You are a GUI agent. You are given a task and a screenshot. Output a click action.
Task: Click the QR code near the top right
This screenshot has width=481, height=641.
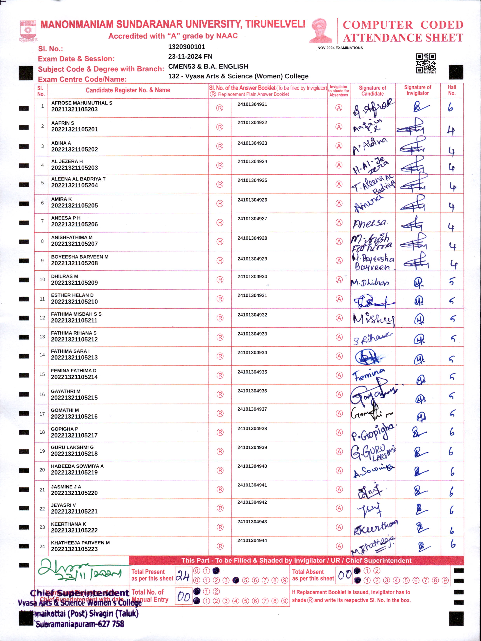pos(426,63)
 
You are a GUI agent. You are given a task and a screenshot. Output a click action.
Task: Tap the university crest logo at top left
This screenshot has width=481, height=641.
pos(28,31)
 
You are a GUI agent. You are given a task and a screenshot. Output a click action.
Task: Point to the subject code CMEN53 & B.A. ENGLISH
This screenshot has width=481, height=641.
pos(208,66)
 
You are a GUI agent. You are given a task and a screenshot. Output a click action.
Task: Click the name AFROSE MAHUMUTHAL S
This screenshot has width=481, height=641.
pos(82,103)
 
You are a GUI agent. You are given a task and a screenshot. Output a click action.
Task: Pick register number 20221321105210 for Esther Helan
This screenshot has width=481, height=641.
pos(74,302)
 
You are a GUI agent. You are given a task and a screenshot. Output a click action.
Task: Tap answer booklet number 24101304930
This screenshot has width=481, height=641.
pos(252,276)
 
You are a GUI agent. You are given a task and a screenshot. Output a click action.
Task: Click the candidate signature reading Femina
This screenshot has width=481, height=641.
pos(369,375)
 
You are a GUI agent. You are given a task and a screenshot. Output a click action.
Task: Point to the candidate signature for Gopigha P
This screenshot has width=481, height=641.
pos(373,432)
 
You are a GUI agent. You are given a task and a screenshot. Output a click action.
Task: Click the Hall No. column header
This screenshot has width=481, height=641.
pos(452,90)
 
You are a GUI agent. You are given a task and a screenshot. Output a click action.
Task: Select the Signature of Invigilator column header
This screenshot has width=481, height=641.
pos(417,90)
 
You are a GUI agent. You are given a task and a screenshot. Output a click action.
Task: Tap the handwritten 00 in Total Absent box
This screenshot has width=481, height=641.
pos(345,574)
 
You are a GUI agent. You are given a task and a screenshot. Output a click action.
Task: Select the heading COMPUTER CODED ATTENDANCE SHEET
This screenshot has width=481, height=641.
pos(403,31)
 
